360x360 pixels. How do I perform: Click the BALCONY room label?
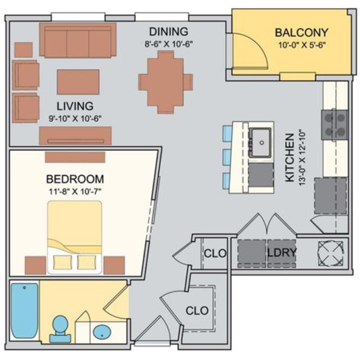tap(301, 33)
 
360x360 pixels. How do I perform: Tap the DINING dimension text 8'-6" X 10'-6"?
tap(168, 44)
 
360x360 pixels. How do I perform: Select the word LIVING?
tap(75, 106)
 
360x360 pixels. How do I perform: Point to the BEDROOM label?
tap(75, 179)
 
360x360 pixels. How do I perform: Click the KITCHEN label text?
tap(290, 158)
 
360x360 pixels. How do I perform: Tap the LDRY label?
tap(282, 252)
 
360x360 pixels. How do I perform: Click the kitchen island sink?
tap(260, 143)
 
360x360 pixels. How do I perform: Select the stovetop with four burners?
tap(335, 125)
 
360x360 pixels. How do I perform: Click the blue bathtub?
tap(24, 311)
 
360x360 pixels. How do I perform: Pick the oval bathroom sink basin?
tap(102, 332)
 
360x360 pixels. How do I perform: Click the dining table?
tap(166, 82)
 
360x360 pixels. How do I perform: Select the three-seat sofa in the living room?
tap(78, 40)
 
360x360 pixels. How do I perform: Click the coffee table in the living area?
tap(78, 82)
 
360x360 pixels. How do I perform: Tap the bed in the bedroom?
tap(74, 238)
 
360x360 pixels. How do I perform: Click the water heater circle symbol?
tap(331, 253)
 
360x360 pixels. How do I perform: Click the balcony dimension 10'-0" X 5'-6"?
tap(302, 45)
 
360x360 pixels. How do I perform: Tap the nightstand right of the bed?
tap(114, 265)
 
